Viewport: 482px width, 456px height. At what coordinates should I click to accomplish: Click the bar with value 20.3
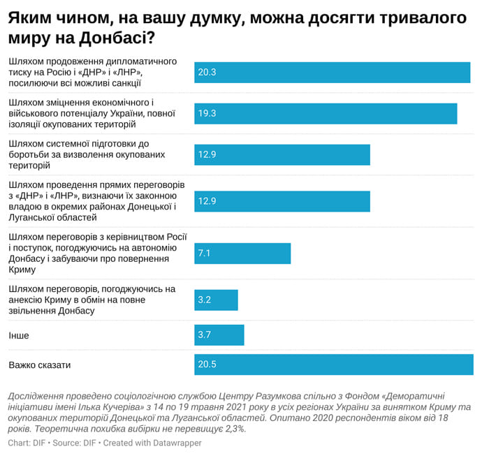332,72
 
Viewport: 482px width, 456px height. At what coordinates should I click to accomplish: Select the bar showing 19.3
326,113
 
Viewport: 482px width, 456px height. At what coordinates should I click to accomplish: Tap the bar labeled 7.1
242,253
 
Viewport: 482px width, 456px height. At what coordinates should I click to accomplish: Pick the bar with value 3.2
216,300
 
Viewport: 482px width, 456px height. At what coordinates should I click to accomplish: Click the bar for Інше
219,334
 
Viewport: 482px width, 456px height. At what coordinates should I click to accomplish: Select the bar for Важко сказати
333,364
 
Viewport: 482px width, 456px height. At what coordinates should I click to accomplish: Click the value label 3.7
205,335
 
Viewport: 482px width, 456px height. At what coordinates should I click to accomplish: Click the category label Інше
18,335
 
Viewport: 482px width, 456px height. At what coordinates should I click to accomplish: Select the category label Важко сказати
40,365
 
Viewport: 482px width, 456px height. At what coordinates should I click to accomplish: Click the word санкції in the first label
123,83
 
